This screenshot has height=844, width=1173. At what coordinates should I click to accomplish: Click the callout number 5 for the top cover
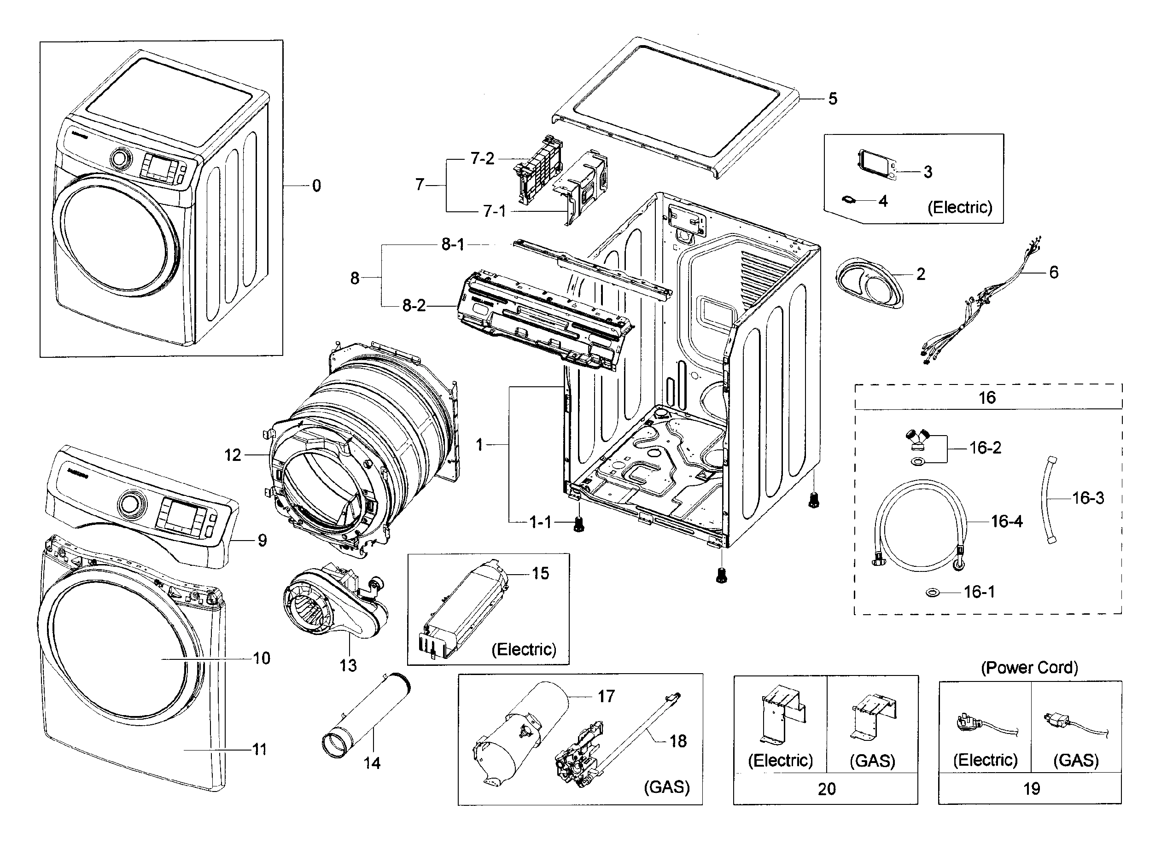tap(832, 99)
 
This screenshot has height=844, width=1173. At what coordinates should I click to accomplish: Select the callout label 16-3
tap(1088, 498)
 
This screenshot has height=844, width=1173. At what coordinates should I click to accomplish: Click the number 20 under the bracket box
tap(826, 789)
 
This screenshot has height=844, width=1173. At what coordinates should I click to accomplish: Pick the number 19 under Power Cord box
tap(1031, 789)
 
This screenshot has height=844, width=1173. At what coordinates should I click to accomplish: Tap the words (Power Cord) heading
tap(1029, 668)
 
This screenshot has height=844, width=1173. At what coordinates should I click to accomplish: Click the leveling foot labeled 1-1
tap(579, 524)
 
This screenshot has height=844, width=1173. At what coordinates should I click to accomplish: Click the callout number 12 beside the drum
tap(233, 455)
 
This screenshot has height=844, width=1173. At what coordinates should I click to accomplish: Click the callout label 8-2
tap(414, 306)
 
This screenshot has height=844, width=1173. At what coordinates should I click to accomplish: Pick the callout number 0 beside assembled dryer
tap(316, 186)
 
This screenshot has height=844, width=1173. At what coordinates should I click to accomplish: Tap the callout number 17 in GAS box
tap(606, 697)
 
